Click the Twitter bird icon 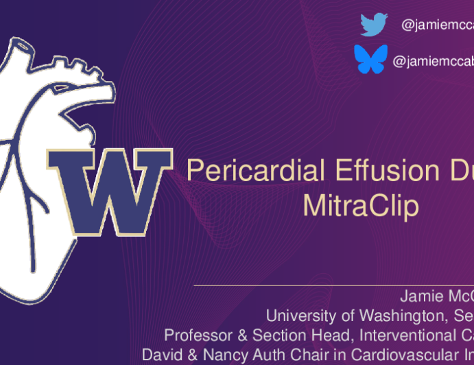[x=374, y=25]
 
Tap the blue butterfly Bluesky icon [x=370, y=60]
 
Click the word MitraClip [x=361, y=206]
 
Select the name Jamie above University [x=416, y=297]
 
